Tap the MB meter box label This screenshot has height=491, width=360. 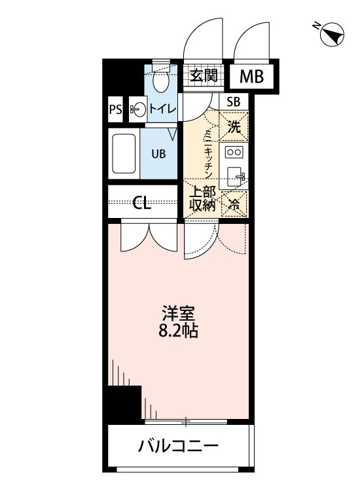coord(251,77)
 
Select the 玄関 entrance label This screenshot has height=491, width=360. coord(203,75)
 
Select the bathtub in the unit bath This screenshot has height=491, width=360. coord(124,154)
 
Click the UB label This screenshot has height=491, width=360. coord(159,154)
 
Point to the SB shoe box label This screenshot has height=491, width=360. coord(234,101)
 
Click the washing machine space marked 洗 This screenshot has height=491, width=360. coord(234,127)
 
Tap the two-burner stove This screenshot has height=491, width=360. coord(234,152)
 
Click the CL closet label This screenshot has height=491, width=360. coord(142,202)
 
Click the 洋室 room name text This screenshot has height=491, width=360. coord(179,312)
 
